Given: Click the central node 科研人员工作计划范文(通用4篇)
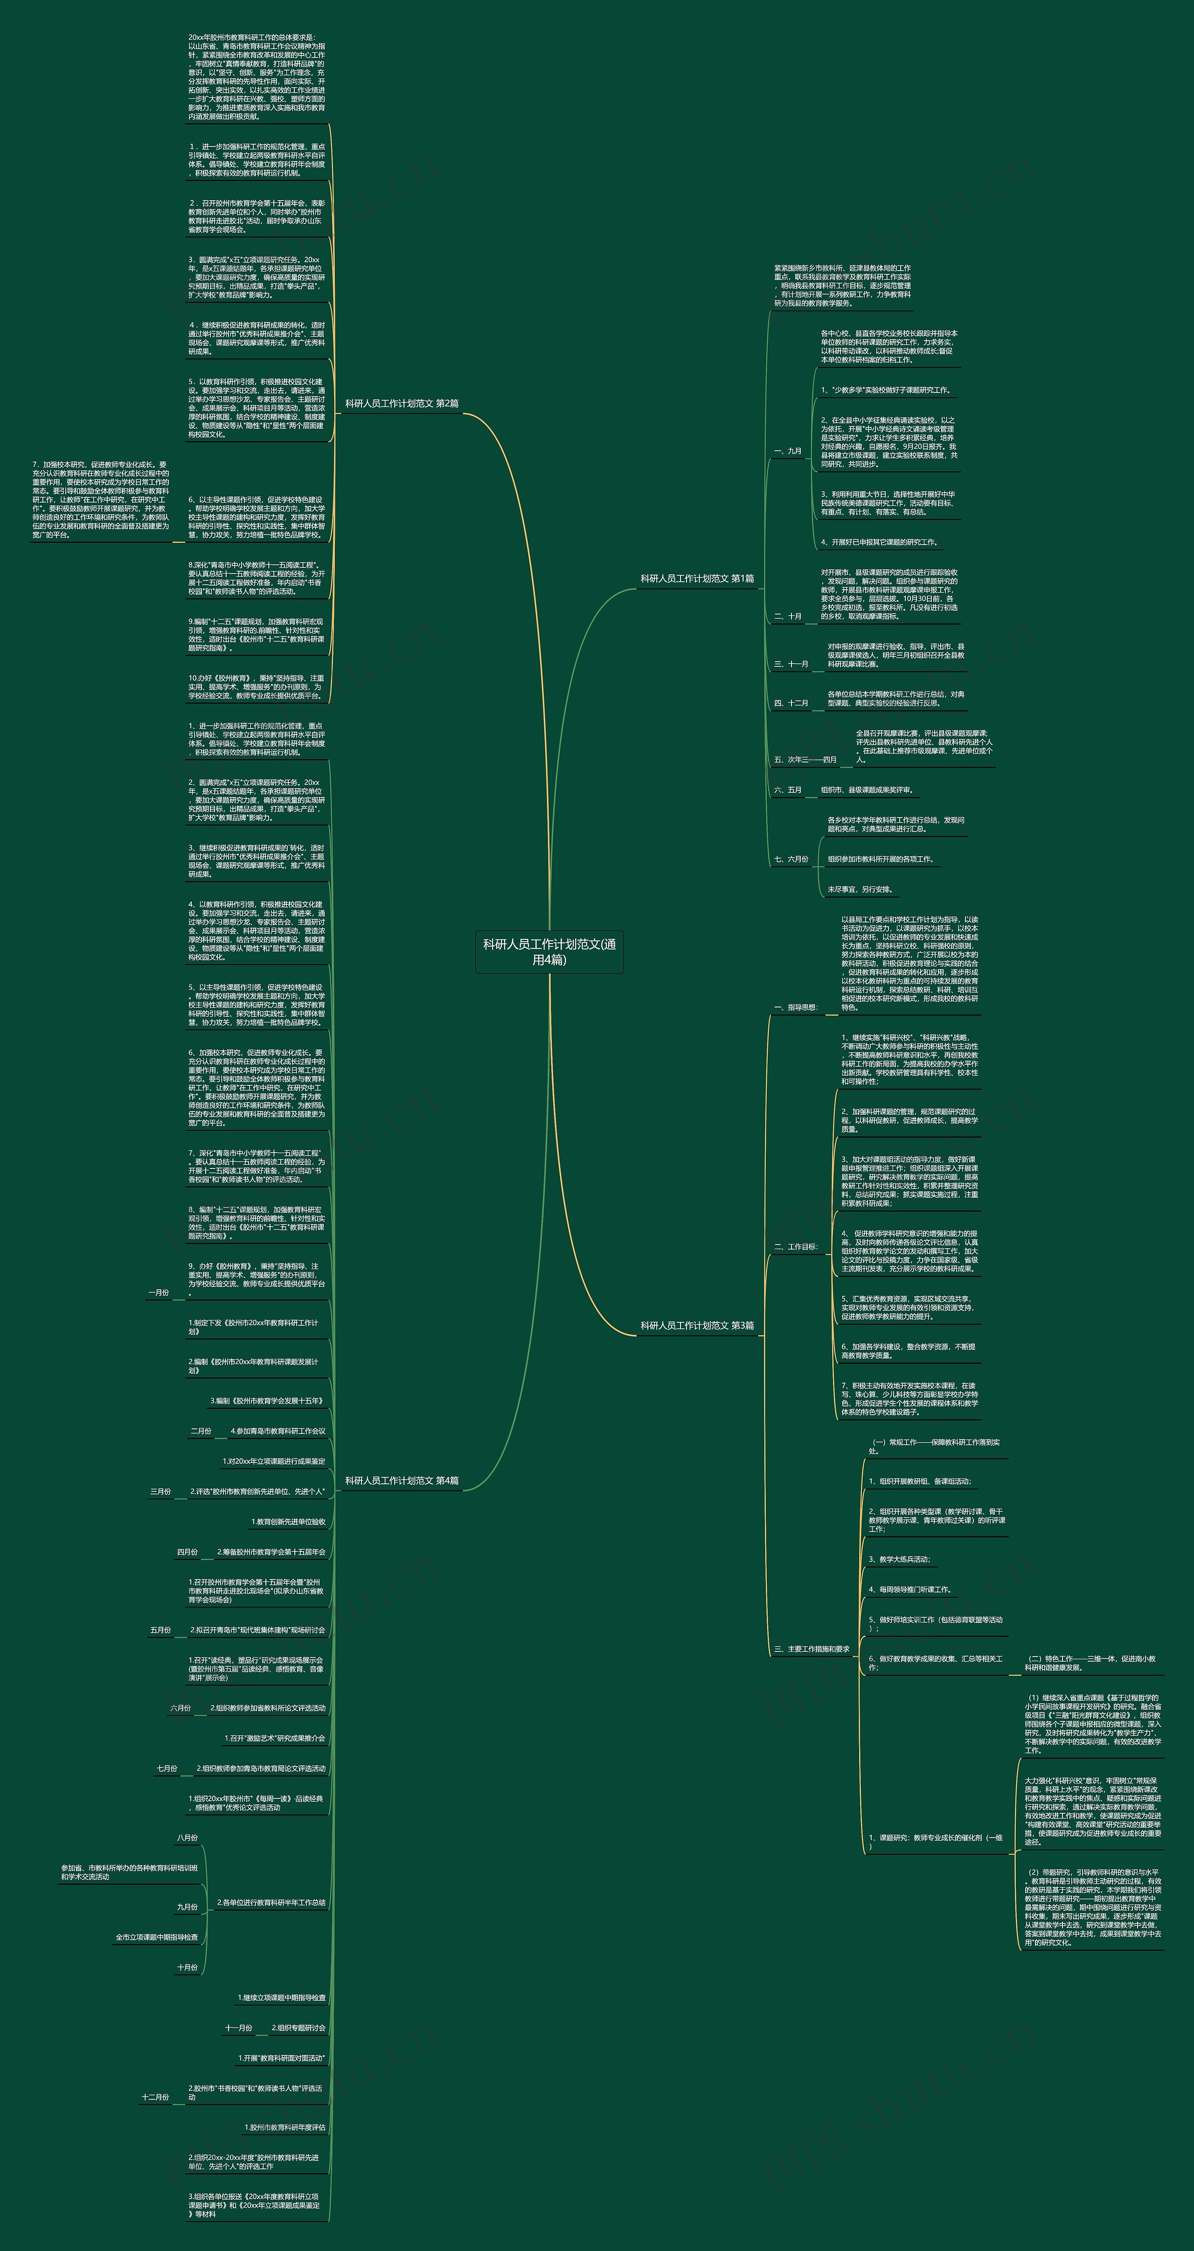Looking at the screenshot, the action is [x=549, y=951].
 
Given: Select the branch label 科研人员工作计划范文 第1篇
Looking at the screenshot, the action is [x=697, y=579].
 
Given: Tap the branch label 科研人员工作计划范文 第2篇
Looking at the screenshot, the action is [x=402, y=404].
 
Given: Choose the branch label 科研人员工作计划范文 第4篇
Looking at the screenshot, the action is [x=402, y=1480].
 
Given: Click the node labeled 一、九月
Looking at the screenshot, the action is [x=788, y=451].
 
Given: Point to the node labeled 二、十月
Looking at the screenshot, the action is [x=788, y=616].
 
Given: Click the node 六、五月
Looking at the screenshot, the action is [x=788, y=790].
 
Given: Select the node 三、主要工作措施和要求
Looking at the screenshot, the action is [x=812, y=1649].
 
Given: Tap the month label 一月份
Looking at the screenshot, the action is [x=159, y=1293].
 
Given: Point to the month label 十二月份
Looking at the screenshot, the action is [x=155, y=2097].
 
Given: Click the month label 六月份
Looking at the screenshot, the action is [x=181, y=1707].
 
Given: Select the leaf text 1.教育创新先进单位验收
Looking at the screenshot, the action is [x=288, y=1521].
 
